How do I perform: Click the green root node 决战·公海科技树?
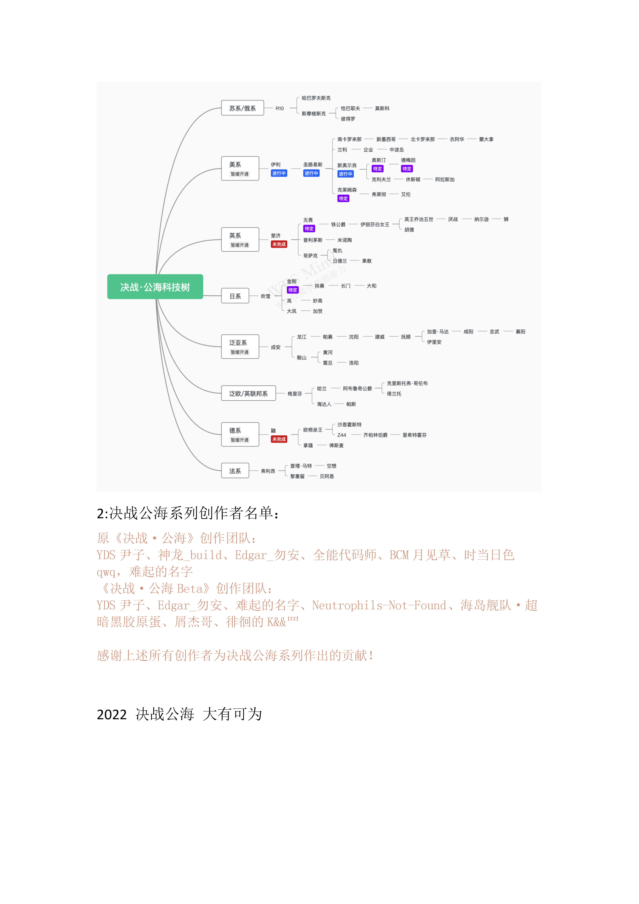[155, 287]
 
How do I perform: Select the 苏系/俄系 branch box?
[242, 108]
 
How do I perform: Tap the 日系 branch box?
[235, 296]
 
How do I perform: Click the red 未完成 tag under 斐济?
[279, 244]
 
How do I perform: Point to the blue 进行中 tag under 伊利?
[279, 173]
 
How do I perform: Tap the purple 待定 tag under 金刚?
[293, 290]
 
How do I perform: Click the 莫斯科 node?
[382, 108]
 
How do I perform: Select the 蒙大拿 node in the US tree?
[486, 139]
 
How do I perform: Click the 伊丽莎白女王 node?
[375, 224]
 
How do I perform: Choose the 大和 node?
[371, 286]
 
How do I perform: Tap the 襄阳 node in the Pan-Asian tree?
[521, 332]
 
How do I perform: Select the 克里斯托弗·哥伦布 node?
[407, 383]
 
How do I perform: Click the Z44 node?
[342, 435]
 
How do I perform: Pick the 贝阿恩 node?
[327, 476]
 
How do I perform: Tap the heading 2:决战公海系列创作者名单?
[188, 513]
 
